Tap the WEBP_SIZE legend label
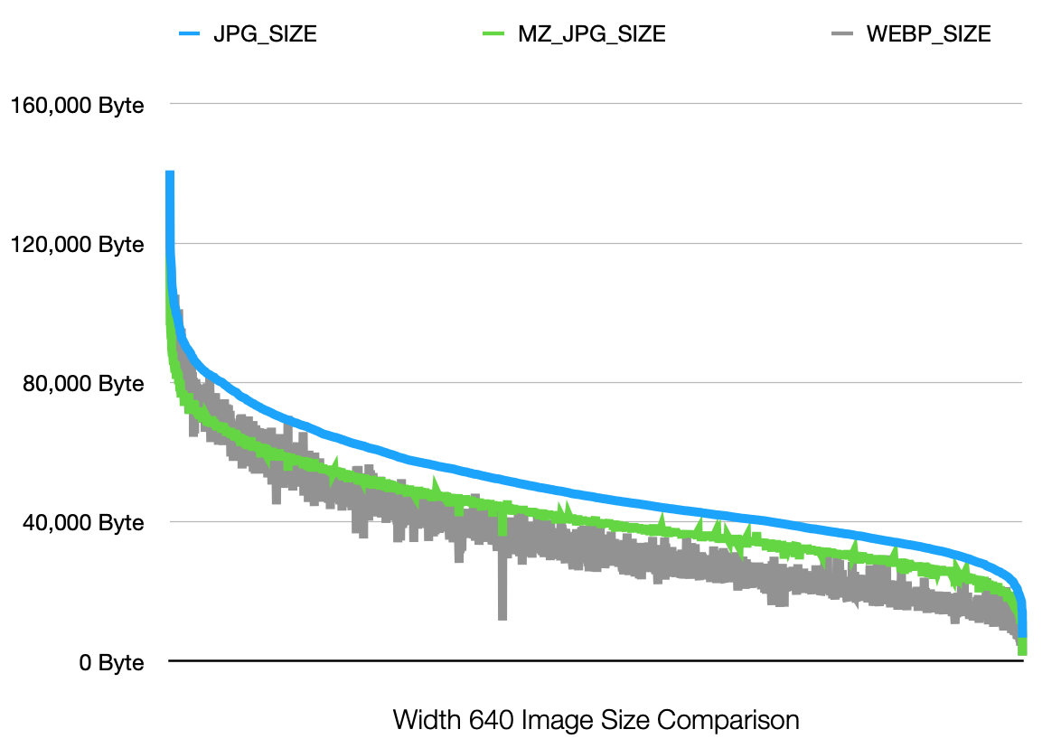tap(928, 35)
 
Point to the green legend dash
tap(494, 35)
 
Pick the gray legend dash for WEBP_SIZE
tap(841, 35)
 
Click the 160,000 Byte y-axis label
tap(77, 105)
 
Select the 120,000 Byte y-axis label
tap(77, 245)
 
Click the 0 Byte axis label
tap(111, 662)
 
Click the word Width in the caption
tap(426, 721)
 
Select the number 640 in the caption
tap(489, 721)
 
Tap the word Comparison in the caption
tap(728, 721)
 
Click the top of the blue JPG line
tap(169, 174)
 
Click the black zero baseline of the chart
tap(596, 662)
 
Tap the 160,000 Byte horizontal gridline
tap(596, 105)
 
